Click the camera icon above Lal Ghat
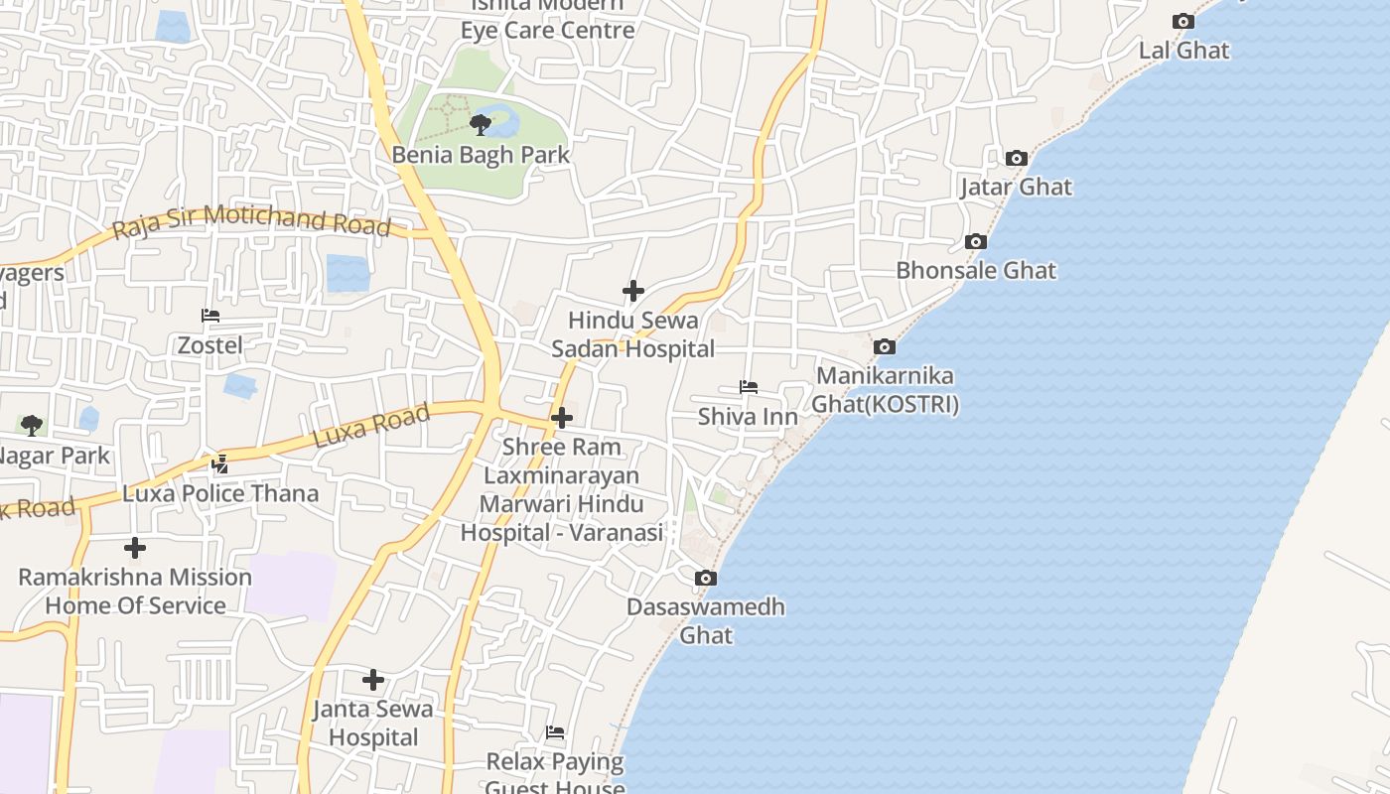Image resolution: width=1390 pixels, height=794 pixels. tap(1182, 21)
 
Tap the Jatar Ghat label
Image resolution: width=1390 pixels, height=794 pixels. tap(1016, 187)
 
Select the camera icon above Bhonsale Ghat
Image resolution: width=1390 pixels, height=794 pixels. tap(976, 241)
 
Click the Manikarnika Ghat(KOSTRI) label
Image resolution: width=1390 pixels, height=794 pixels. tap(885, 390)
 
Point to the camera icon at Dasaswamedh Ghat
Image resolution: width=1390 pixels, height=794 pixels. tap(705, 578)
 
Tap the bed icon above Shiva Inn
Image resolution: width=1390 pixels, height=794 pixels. tap(749, 386)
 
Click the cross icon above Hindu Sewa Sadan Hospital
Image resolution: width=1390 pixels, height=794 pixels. tap(632, 291)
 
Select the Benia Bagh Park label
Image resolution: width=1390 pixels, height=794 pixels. tap(481, 155)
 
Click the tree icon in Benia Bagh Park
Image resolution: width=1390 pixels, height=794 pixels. tap(481, 124)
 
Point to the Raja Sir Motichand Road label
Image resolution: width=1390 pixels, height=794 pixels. tap(251, 221)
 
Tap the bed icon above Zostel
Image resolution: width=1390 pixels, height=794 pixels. tap(209, 316)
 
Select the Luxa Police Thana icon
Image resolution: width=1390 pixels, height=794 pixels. tap(219, 463)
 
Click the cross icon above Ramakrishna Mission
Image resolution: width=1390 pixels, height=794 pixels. tap(135, 547)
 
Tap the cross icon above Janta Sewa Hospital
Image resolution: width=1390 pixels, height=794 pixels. tap(373, 680)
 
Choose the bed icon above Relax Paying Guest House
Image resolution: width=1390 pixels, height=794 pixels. tap(555, 732)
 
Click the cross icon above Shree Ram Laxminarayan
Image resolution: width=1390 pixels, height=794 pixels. tap(562, 418)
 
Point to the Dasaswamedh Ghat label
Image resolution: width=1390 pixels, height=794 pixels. tap(706, 620)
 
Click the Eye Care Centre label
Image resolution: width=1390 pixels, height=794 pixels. tap(547, 30)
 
